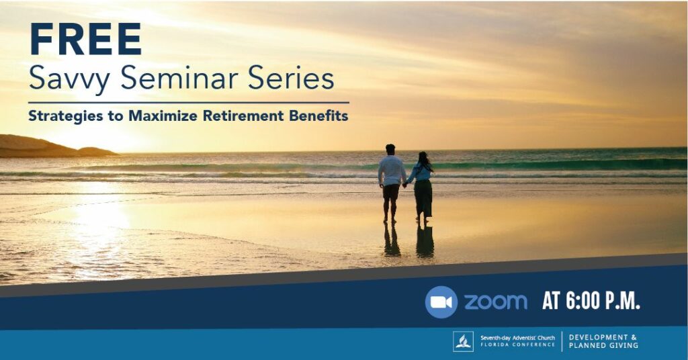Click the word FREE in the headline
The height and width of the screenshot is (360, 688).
tap(85, 39)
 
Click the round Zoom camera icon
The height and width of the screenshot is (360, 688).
tap(441, 302)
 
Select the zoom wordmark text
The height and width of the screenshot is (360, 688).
tap(495, 302)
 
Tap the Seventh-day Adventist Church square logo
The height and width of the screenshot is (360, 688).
tap(464, 342)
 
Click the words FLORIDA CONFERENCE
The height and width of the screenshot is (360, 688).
tap(518, 345)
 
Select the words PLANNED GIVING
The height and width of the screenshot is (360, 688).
tap(603, 345)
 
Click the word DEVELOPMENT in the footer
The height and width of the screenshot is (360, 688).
tap(599, 337)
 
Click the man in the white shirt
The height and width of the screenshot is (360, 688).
tap(391, 183)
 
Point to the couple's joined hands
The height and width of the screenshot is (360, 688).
tap(405, 185)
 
